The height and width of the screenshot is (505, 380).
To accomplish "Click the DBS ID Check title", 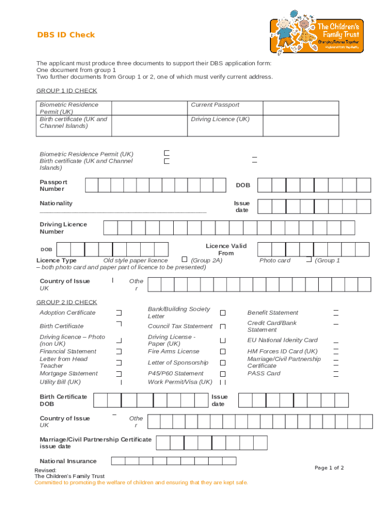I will pyautogui.click(x=66, y=35).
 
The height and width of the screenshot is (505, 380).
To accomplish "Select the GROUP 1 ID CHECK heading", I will pyautogui.click(x=67, y=91).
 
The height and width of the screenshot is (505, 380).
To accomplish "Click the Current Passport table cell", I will pyautogui.click(x=215, y=105).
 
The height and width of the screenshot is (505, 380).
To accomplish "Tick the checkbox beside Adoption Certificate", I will pyautogui.click(x=119, y=313).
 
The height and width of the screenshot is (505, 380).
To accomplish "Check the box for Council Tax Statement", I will pyautogui.click(x=223, y=326).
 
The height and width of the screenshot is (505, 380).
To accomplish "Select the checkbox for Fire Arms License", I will pyautogui.click(x=223, y=352).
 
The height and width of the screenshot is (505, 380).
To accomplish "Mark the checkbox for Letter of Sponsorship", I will pyautogui.click(x=223, y=363).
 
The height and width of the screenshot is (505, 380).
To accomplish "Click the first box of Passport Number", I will pyautogui.click(x=91, y=185).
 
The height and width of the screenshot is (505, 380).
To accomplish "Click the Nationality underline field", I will pyautogui.click(x=123, y=211).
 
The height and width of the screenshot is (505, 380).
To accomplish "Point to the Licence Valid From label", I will pyautogui.click(x=226, y=250).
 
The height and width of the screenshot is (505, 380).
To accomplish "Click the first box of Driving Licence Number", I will pyautogui.click(x=110, y=228).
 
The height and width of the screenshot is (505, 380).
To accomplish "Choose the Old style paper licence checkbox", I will pyautogui.click(x=185, y=259).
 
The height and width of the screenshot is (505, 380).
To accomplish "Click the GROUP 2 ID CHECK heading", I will pyautogui.click(x=67, y=302).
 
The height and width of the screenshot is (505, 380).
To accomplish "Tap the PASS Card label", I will pyautogui.click(x=264, y=374).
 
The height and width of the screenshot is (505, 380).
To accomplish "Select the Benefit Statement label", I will pyautogui.click(x=272, y=313).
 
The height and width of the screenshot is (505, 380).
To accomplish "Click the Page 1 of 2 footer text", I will pyautogui.click(x=329, y=468).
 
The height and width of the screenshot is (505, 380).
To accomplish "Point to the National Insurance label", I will pyautogui.click(x=68, y=462).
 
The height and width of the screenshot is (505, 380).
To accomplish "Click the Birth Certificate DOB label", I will pyautogui.click(x=63, y=400).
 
